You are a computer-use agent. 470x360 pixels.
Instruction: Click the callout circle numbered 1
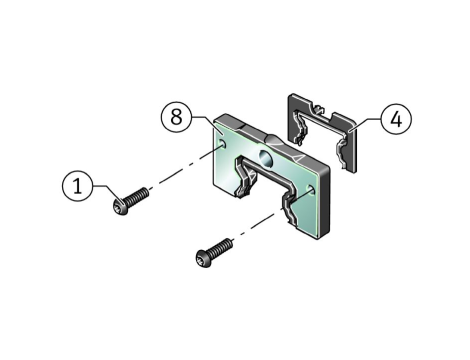(77, 186)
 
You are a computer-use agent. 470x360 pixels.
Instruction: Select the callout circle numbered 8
(176, 117)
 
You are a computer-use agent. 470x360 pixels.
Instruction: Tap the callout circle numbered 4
(396, 119)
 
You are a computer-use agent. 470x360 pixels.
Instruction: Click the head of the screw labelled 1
(120, 207)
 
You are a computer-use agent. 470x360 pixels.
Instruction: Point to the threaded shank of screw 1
(136, 196)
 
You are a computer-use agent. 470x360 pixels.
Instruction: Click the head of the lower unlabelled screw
(204, 258)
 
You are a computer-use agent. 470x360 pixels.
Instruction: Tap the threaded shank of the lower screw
(220, 247)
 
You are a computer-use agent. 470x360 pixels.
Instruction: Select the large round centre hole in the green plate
(266, 159)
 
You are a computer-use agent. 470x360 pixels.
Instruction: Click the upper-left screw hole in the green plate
(222, 144)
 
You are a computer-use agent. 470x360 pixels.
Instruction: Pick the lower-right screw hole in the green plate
(311, 189)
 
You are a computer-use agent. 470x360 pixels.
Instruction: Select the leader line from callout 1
(108, 193)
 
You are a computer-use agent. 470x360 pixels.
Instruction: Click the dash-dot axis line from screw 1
(185, 168)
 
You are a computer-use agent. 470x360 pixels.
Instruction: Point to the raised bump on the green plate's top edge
(277, 141)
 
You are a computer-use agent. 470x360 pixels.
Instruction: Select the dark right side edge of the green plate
(325, 202)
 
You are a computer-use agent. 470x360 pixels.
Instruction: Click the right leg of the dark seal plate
(349, 151)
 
